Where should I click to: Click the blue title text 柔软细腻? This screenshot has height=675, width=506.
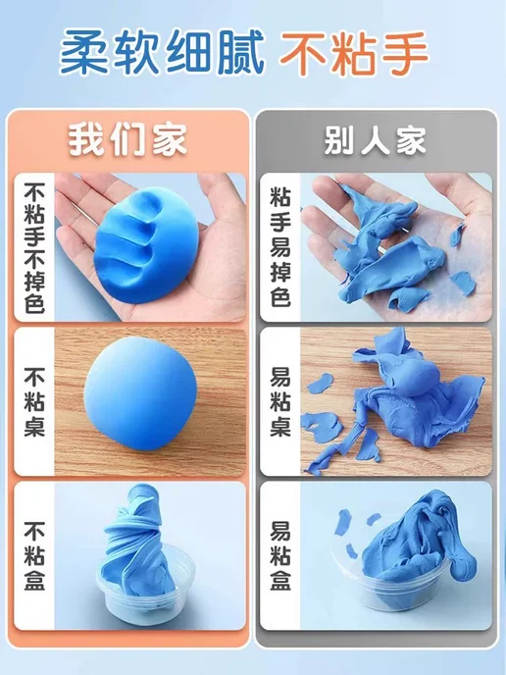(x=162, y=53)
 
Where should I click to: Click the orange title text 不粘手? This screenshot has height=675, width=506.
(x=354, y=53)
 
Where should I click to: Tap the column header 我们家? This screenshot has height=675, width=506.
(x=127, y=140)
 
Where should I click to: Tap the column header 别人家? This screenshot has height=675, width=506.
(x=375, y=140)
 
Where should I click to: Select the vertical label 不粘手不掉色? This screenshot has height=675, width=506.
(x=34, y=247)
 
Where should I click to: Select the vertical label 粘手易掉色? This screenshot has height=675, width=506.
(x=280, y=247)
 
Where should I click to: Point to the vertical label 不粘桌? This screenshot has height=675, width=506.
(x=34, y=401)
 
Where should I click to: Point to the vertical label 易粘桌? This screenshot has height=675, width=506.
(x=280, y=401)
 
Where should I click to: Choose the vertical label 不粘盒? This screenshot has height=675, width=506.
(x=34, y=555)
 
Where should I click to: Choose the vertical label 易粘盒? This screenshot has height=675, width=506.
(x=280, y=555)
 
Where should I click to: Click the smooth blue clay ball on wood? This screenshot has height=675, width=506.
(x=140, y=393)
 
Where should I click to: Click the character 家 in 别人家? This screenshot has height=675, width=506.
(x=411, y=140)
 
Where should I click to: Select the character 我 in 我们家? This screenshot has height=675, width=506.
(x=84, y=140)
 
